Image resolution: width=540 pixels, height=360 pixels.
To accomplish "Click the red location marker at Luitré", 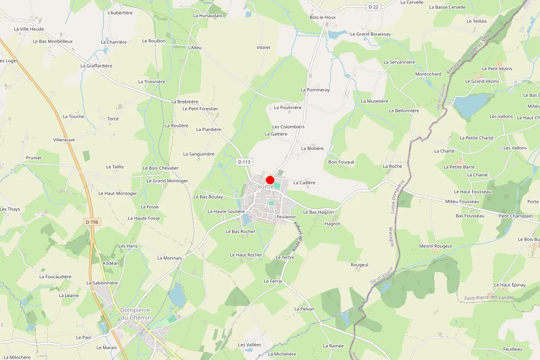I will (270, 180).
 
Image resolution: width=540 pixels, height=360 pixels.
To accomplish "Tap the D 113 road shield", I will (244, 162).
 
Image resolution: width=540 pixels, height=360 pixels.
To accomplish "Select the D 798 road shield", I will (92, 222).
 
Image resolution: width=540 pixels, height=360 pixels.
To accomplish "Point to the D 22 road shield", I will (373, 7).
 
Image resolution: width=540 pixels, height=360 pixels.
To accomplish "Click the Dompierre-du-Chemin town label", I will (136, 314).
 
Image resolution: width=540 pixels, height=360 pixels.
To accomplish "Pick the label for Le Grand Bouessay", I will (370, 34).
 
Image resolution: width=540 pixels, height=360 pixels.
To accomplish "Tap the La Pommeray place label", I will (315, 90).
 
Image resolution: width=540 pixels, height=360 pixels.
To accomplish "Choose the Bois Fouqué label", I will (341, 162).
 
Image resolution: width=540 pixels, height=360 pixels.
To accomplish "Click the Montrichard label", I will (428, 74).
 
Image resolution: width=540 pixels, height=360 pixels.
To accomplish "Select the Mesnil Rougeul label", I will (435, 246).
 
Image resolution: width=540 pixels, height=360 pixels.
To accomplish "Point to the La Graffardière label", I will (96, 66).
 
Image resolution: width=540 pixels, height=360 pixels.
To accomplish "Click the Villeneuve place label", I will (64, 140).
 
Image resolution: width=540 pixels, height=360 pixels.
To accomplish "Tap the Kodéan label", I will (111, 263).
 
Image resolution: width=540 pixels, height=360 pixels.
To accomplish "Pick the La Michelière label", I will (282, 354).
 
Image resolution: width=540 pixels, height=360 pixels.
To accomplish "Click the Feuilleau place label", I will (513, 349).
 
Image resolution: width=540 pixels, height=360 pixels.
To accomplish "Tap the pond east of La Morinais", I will (177, 295).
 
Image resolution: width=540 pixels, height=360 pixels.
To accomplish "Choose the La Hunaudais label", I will (207, 15).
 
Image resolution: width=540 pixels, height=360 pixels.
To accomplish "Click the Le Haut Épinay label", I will (509, 285).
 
